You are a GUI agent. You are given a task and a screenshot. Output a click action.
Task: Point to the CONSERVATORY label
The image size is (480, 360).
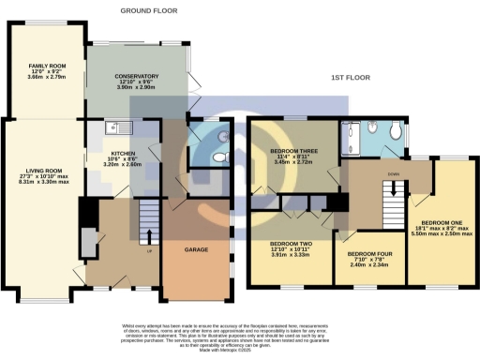click(138, 77)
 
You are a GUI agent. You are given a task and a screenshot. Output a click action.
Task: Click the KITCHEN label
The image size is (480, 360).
click(125, 152)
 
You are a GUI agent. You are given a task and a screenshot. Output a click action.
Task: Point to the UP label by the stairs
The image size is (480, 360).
click(147, 252)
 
